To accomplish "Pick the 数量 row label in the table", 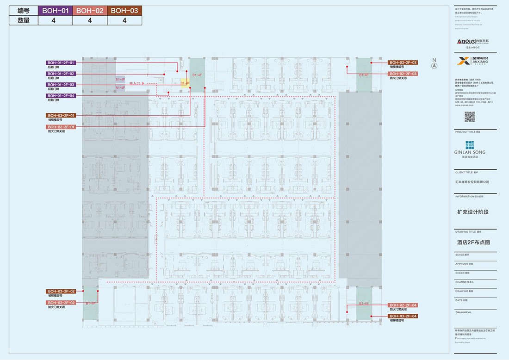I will click(24, 20).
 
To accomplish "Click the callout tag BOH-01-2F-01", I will click(62, 62).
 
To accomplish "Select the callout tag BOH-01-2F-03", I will click(62, 85).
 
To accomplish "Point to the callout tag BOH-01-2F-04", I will click(62, 96).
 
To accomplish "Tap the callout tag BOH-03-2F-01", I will click(62, 115).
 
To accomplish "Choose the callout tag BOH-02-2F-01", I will click(62, 127).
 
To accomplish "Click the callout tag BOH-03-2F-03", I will click(403, 62).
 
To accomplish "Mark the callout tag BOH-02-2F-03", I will click(403, 74).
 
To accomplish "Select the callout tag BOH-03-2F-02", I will click(62, 291).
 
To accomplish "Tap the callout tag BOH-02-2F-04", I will click(403, 305).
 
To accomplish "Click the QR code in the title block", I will click(470, 117).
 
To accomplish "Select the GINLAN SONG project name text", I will click(470, 152).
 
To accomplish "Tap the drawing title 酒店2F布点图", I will click(473, 242).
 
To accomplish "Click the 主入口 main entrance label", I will click(135, 83).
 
